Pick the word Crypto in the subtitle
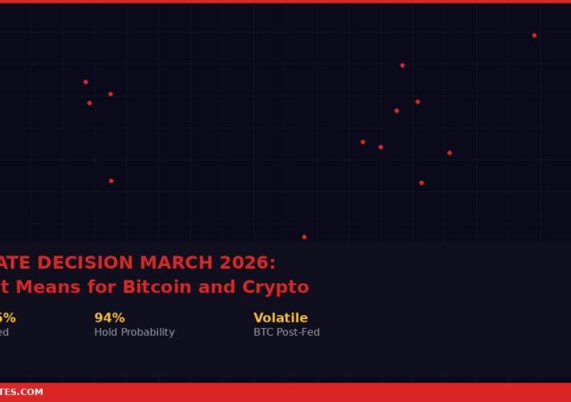tap(276, 288)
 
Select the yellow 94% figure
tap(110, 318)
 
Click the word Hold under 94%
tap(106, 332)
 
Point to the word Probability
tap(148, 332)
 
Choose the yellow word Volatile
tap(280, 318)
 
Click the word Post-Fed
tap(299, 332)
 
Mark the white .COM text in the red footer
tap(34, 392)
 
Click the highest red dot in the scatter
tap(534, 36)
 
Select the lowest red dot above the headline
tap(304, 238)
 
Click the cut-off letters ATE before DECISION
tap(16, 264)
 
